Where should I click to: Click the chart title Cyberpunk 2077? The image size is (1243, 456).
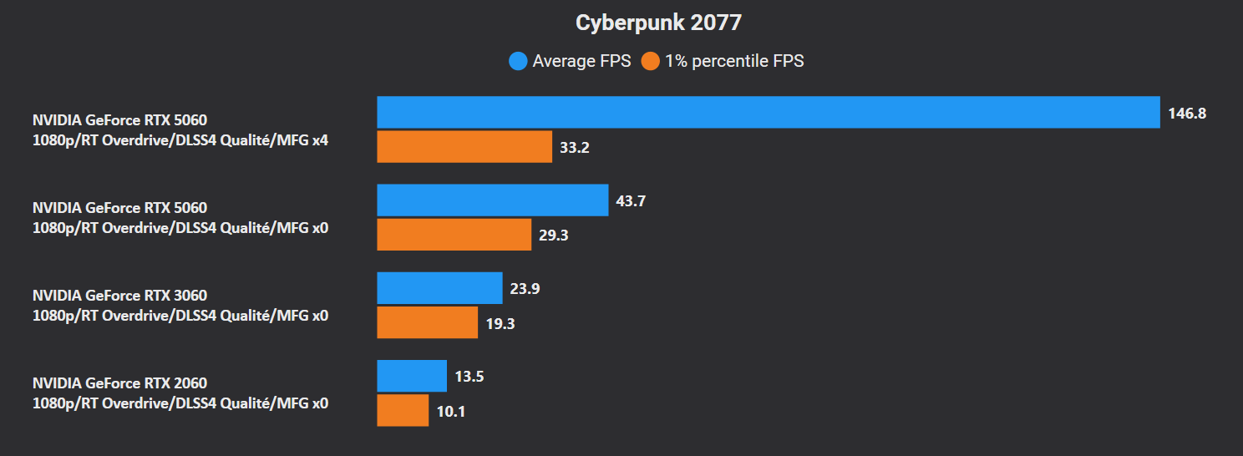click(658, 23)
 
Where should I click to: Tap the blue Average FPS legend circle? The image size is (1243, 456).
click(518, 61)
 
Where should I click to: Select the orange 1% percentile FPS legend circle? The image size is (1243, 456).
click(651, 61)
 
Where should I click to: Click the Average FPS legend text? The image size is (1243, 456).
click(581, 61)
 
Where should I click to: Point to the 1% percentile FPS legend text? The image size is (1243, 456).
click(734, 61)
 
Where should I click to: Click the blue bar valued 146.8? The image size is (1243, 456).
click(769, 113)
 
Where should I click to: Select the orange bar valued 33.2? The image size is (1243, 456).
click(464, 147)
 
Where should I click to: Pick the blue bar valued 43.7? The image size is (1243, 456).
click(493, 200)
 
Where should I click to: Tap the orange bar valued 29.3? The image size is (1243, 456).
click(454, 235)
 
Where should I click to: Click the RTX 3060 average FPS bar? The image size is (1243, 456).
click(439, 288)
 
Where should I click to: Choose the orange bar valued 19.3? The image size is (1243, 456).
click(428, 322)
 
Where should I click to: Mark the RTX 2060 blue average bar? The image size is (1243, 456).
click(412, 376)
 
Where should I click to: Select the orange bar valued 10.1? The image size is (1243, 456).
click(403, 410)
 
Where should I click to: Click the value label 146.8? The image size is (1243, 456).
click(1187, 114)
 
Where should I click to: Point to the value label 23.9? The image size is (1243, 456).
click(525, 289)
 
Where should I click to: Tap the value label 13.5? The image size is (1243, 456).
click(469, 377)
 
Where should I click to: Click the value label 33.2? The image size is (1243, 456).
click(575, 148)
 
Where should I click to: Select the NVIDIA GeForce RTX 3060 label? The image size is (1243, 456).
click(119, 296)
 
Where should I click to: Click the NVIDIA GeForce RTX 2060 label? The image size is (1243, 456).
click(119, 383)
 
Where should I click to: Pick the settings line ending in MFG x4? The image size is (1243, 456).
click(180, 140)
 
